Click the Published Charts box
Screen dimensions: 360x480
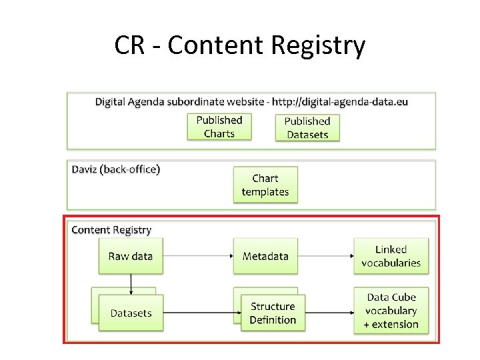(219, 127)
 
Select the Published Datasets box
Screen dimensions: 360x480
(307, 127)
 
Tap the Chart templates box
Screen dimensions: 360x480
(265, 185)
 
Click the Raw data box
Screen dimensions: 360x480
(131, 256)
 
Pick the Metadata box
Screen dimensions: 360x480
(265, 256)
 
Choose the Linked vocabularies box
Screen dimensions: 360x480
(391, 256)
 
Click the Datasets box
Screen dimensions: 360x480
(131, 313)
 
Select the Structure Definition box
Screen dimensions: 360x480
(273, 313)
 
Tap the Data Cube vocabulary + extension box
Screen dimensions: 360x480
(391, 311)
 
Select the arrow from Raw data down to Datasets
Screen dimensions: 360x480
(131, 283)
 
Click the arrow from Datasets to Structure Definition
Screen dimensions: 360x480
(202, 313)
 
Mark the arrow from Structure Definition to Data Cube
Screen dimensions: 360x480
(329, 313)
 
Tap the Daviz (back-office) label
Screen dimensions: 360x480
(116, 169)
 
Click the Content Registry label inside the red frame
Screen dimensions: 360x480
(111, 230)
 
